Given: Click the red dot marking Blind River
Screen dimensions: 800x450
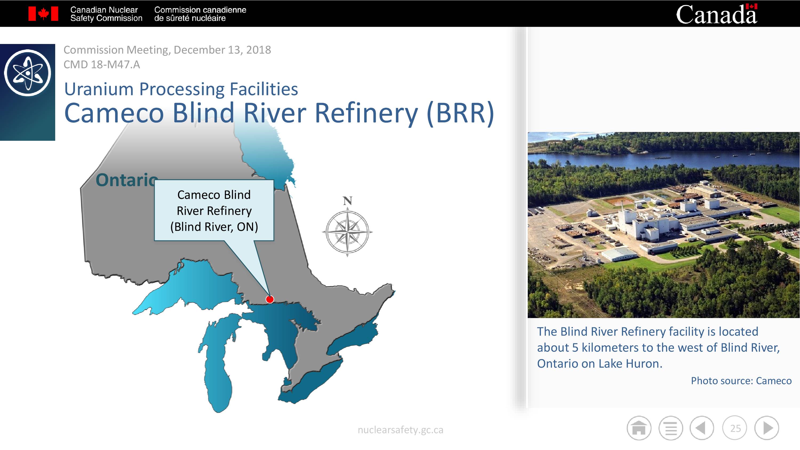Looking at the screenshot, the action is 270,299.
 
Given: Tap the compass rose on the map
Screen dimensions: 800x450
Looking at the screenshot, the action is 347,232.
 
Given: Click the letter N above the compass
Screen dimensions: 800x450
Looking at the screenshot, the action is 347,201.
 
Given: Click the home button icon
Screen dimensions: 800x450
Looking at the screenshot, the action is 639,428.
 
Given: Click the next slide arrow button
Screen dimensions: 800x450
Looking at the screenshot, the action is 767,428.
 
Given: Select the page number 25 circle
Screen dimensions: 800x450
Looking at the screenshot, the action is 735,428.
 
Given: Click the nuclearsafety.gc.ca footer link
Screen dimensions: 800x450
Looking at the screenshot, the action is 400,430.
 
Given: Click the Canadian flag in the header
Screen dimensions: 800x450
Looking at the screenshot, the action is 43,14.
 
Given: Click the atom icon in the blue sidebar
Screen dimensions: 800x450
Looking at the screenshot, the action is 28,73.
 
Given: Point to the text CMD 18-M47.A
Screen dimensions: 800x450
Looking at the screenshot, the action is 102,65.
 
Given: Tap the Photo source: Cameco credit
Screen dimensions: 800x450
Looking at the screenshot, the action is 741,381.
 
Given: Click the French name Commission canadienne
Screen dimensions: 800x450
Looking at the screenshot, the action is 200,10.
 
